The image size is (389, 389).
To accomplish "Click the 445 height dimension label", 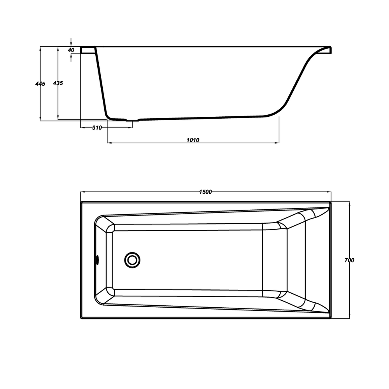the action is pos(40,84).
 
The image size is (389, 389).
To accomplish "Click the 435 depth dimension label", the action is pos(58,83).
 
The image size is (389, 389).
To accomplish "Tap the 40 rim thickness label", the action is pos(71,50).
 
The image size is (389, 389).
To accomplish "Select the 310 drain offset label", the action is pos(97,128).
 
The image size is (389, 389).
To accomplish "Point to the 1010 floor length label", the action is pos(193,140).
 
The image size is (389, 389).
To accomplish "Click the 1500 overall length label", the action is pos(206,192).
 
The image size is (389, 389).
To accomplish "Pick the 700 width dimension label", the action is pos(349,260).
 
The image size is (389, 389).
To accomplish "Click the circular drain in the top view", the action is pos(132,260).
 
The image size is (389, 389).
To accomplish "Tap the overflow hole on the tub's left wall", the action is pos(97,260).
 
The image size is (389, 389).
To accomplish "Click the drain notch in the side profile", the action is pos(133,121).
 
